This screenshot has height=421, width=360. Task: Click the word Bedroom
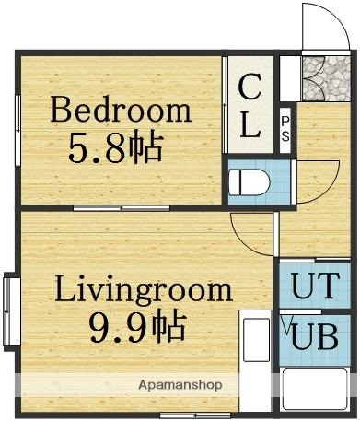click(121, 111)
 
